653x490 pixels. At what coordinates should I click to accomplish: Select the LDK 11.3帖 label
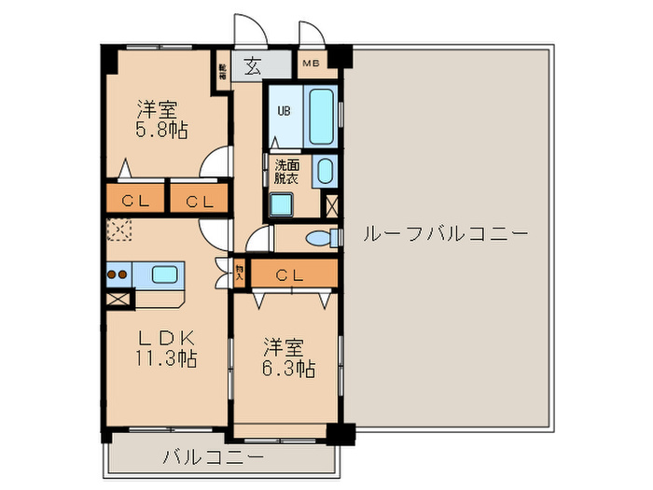point(168,347)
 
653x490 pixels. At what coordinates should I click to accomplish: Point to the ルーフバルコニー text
point(445,233)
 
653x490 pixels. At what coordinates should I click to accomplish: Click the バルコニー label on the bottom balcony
point(213,457)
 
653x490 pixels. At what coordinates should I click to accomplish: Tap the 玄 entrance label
point(253,65)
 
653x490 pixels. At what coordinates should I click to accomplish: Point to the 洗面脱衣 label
point(286,171)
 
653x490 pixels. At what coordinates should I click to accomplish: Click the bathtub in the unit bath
point(321,116)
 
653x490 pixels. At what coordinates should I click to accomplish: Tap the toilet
point(320,238)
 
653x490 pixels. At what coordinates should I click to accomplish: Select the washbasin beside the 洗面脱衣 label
point(324,171)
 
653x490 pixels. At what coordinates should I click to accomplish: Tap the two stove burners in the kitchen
point(118,275)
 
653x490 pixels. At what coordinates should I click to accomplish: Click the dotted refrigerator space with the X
point(118,230)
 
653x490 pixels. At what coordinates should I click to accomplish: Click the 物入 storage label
point(240,273)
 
